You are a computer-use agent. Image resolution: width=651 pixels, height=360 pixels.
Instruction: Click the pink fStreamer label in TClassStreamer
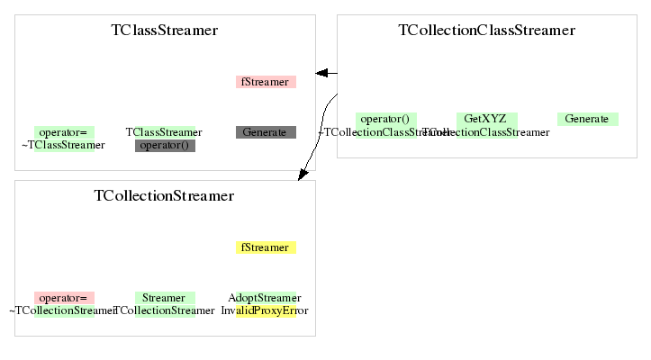click(x=266, y=82)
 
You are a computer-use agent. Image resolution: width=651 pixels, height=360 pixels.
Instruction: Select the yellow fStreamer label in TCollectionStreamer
click(x=266, y=247)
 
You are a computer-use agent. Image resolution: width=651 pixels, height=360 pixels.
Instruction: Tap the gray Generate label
click(x=266, y=132)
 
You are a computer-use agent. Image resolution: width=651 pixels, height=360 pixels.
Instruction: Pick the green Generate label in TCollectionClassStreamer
click(x=587, y=119)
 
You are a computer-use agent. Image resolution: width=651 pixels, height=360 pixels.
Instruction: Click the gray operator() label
click(x=165, y=145)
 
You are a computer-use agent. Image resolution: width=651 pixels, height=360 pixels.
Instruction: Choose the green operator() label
click(x=385, y=119)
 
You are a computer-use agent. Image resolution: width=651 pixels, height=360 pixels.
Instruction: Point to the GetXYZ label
click(x=486, y=119)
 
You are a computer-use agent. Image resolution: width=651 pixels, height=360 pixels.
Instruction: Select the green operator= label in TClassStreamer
click(x=64, y=132)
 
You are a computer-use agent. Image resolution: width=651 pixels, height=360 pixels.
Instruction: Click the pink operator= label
click(x=64, y=298)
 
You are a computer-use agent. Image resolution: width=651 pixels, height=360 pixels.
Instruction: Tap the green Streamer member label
click(x=165, y=298)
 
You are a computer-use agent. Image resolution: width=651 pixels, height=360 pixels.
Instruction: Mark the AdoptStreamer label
click(x=266, y=298)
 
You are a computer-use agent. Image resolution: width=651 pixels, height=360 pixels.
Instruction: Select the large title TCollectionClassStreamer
click(x=486, y=31)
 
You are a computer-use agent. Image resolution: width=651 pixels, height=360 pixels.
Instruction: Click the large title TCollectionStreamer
click(x=164, y=196)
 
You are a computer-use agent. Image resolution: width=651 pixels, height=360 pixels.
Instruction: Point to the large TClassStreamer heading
click(x=165, y=31)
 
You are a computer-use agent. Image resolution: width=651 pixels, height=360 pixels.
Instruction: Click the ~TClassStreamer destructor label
click(x=63, y=145)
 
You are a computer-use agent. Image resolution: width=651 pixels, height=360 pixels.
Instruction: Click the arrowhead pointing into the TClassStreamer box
click(x=321, y=73)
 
